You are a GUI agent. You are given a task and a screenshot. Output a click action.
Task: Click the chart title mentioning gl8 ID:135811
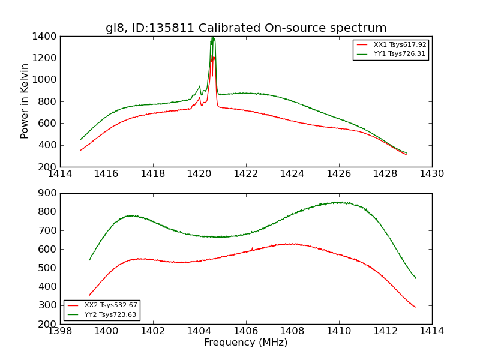246,28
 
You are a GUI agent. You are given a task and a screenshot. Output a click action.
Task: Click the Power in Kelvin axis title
25,101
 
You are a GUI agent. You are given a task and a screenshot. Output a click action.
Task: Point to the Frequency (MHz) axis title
246,343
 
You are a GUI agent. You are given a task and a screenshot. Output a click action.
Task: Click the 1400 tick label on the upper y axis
46,37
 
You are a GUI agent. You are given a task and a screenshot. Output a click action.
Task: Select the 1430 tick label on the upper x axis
432,174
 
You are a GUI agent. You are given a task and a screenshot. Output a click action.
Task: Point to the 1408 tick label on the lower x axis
292,331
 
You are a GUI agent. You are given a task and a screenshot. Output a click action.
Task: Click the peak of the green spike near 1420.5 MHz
212,38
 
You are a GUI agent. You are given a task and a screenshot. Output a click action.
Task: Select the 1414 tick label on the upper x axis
61,174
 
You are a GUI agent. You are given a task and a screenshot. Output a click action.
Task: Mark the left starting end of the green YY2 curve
89,260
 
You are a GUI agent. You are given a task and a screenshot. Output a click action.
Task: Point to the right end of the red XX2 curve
415,307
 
